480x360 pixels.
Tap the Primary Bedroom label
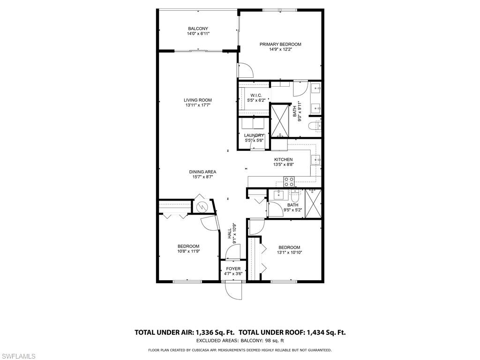tap(280, 44)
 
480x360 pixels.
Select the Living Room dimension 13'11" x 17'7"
tap(198, 105)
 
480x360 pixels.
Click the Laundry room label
tap(254, 135)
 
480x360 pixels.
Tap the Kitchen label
tap(284, 159)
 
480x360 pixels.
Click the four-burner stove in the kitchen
tap(289, 181)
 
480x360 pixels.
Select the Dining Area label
tap(202, 172)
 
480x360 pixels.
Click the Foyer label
tap(233, 269)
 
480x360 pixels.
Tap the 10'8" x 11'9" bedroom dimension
tap(188, 251)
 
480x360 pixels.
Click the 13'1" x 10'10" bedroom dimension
tap(289, 253)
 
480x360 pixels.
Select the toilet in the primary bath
tap(315, 126)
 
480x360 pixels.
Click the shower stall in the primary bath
tap(280, 121)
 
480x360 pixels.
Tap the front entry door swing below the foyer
tap(233, 291)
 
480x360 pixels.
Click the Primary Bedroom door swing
tap(246, 70)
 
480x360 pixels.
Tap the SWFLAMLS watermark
tap(18, 356)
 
